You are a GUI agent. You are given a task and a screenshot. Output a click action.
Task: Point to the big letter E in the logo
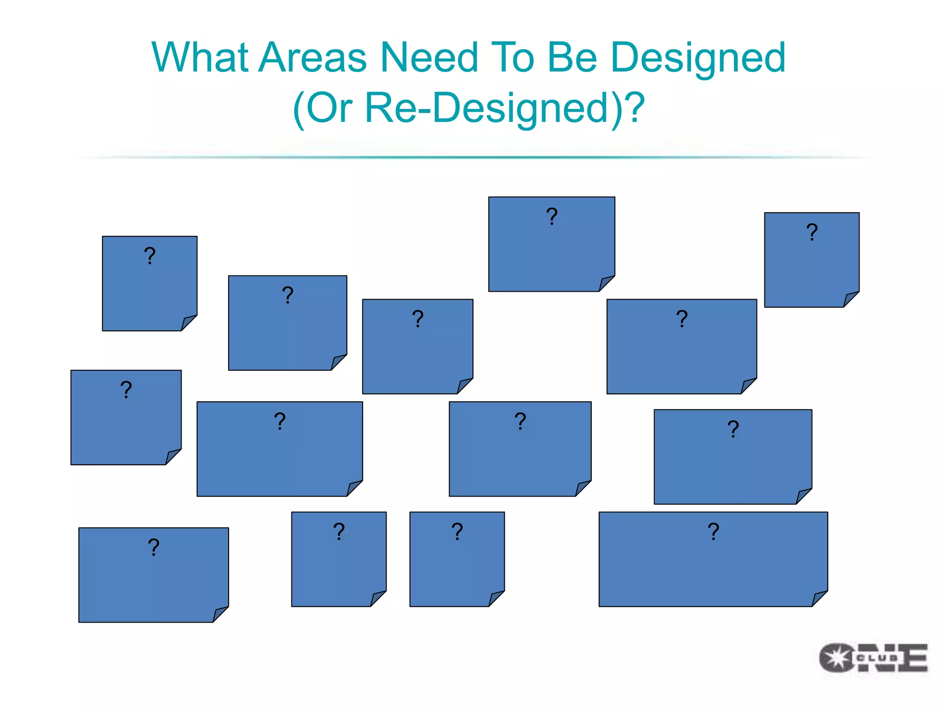pyautogui.click(x=915, y=658)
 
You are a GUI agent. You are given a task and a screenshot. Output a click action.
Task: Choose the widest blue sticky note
pyautogui.click(x=713, y=568)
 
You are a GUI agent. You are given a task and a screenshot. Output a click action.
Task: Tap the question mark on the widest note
pyautogui.click(x=713, y=532)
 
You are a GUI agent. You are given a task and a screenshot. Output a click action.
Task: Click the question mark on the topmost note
pyautogui.click(x=552, y=216)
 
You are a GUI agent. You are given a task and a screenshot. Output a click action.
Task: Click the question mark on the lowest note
pyautogui.click(x=153, y=547)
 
